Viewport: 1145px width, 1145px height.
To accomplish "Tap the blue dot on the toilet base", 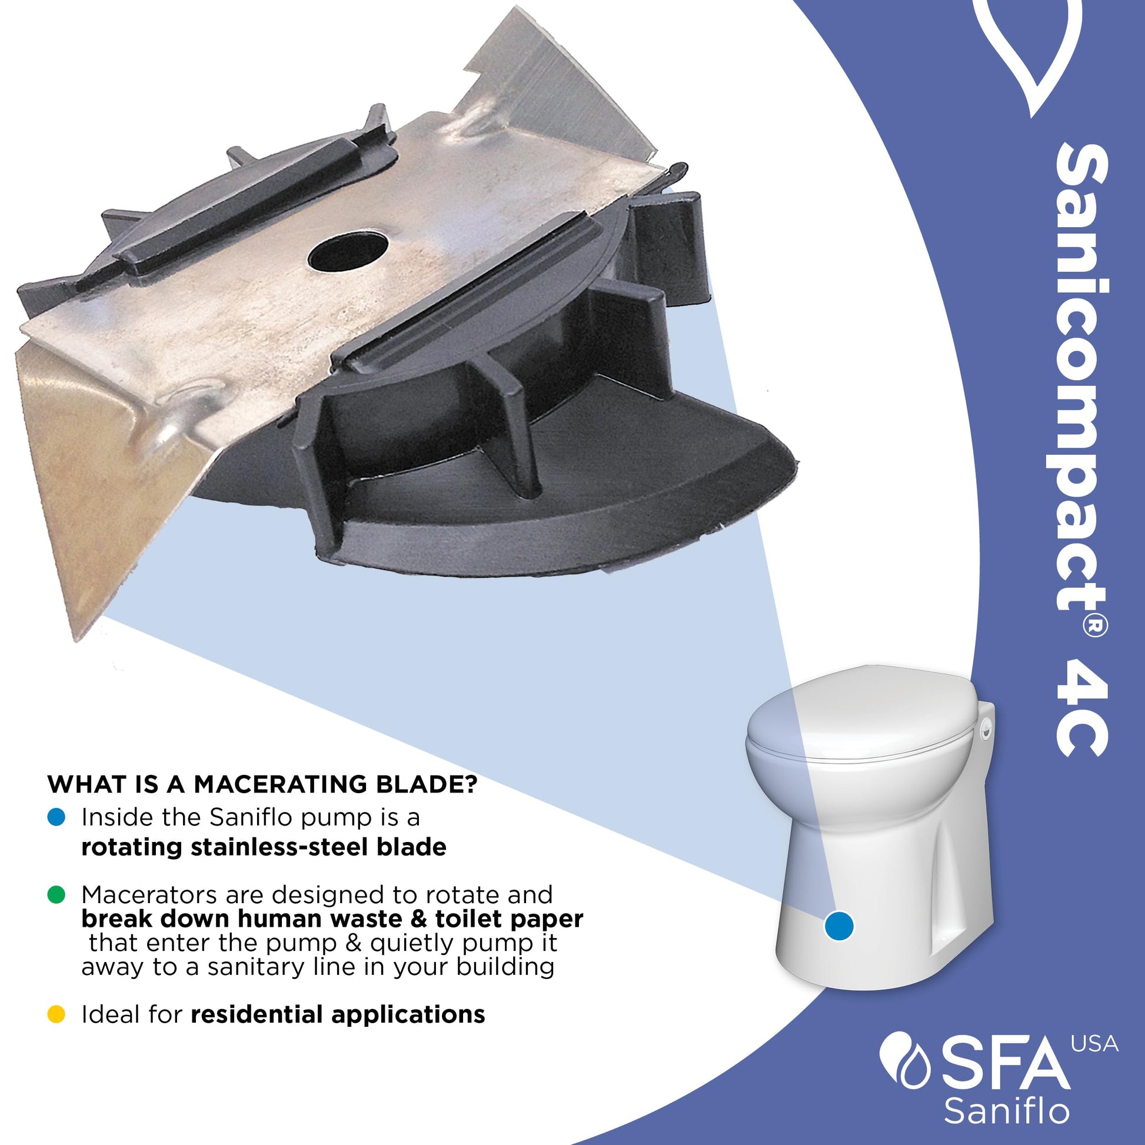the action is (x=839, y=925).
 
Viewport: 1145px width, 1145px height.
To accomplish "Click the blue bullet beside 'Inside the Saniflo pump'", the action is (x=56, y=818).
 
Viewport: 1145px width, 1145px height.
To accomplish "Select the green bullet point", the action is (x=56, y=895).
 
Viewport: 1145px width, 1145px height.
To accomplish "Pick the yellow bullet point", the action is (x=56, y=1014).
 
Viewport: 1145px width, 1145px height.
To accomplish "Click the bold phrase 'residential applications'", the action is (x=338, y=1015).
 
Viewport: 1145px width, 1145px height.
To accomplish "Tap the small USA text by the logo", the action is (x=1094, y=1044).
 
